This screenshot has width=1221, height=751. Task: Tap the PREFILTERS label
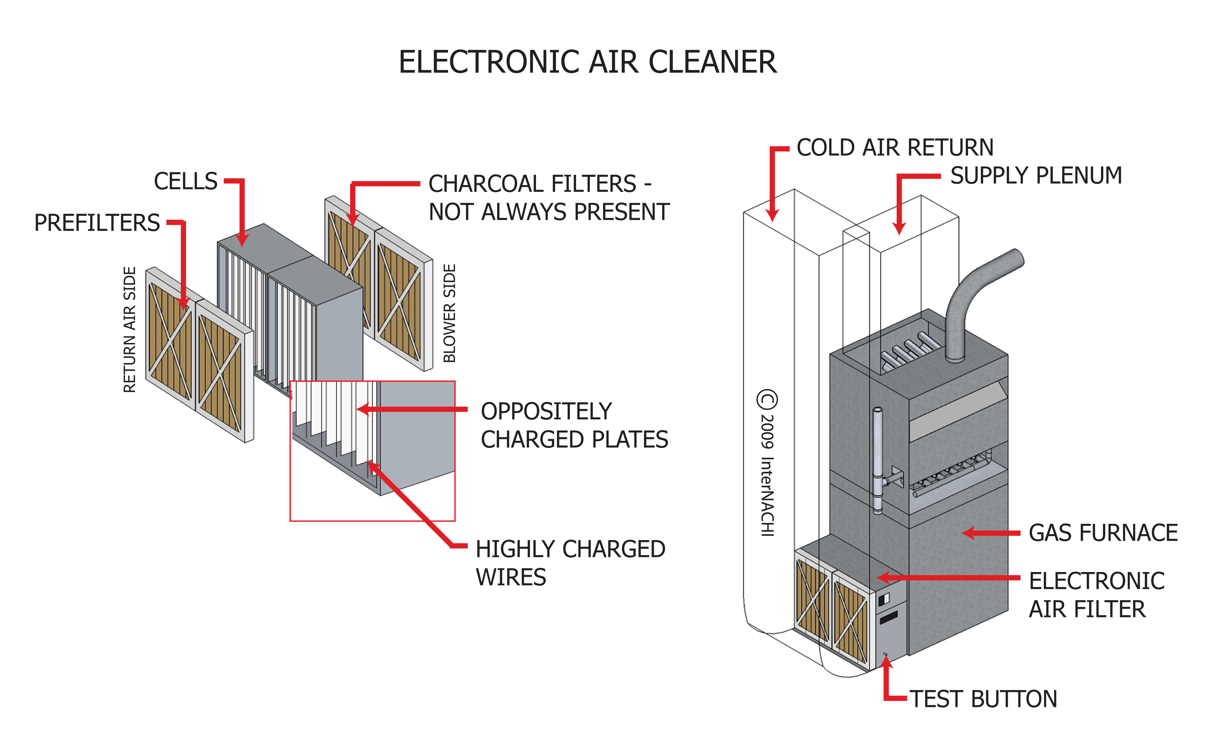[x=97, y=223]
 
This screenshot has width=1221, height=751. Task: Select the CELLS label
[x=185, y=181]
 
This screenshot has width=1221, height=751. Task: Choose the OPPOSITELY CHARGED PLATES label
[x=574, y=426]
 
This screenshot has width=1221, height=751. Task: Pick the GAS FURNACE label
[x=1103, y=533]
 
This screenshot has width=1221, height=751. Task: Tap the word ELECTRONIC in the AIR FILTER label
[x=1096, y=581]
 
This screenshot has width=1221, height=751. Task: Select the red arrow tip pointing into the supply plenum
[x=899, y=230]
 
